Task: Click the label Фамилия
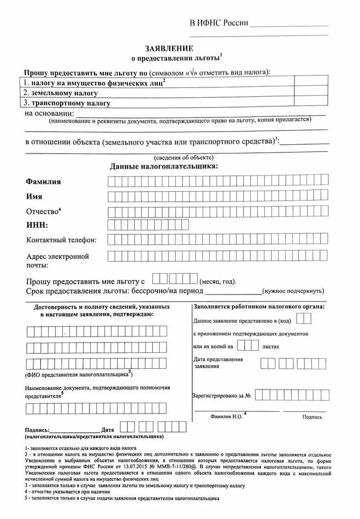(x=43, y=181)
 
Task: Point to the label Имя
(x=34, y=196)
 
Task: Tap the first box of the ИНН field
(x=112, y=225)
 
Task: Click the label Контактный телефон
(x=61, y=240)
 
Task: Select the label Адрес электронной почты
(x=57, y=260)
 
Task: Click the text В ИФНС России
(x=219, y=23)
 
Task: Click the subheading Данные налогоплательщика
(x=163, y=166)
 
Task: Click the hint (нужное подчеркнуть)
(x=293, y=291)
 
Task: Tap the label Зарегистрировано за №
(x=221, y=395)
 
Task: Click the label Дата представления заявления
(x=218, y=363)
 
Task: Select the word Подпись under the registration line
(x=312, y=416)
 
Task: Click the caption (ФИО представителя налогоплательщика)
(x=78, y=375)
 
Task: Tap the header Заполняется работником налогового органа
(x=258, y=306)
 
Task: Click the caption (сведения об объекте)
(x=176, y=157)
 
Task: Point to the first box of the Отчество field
(x=112, y=211)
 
